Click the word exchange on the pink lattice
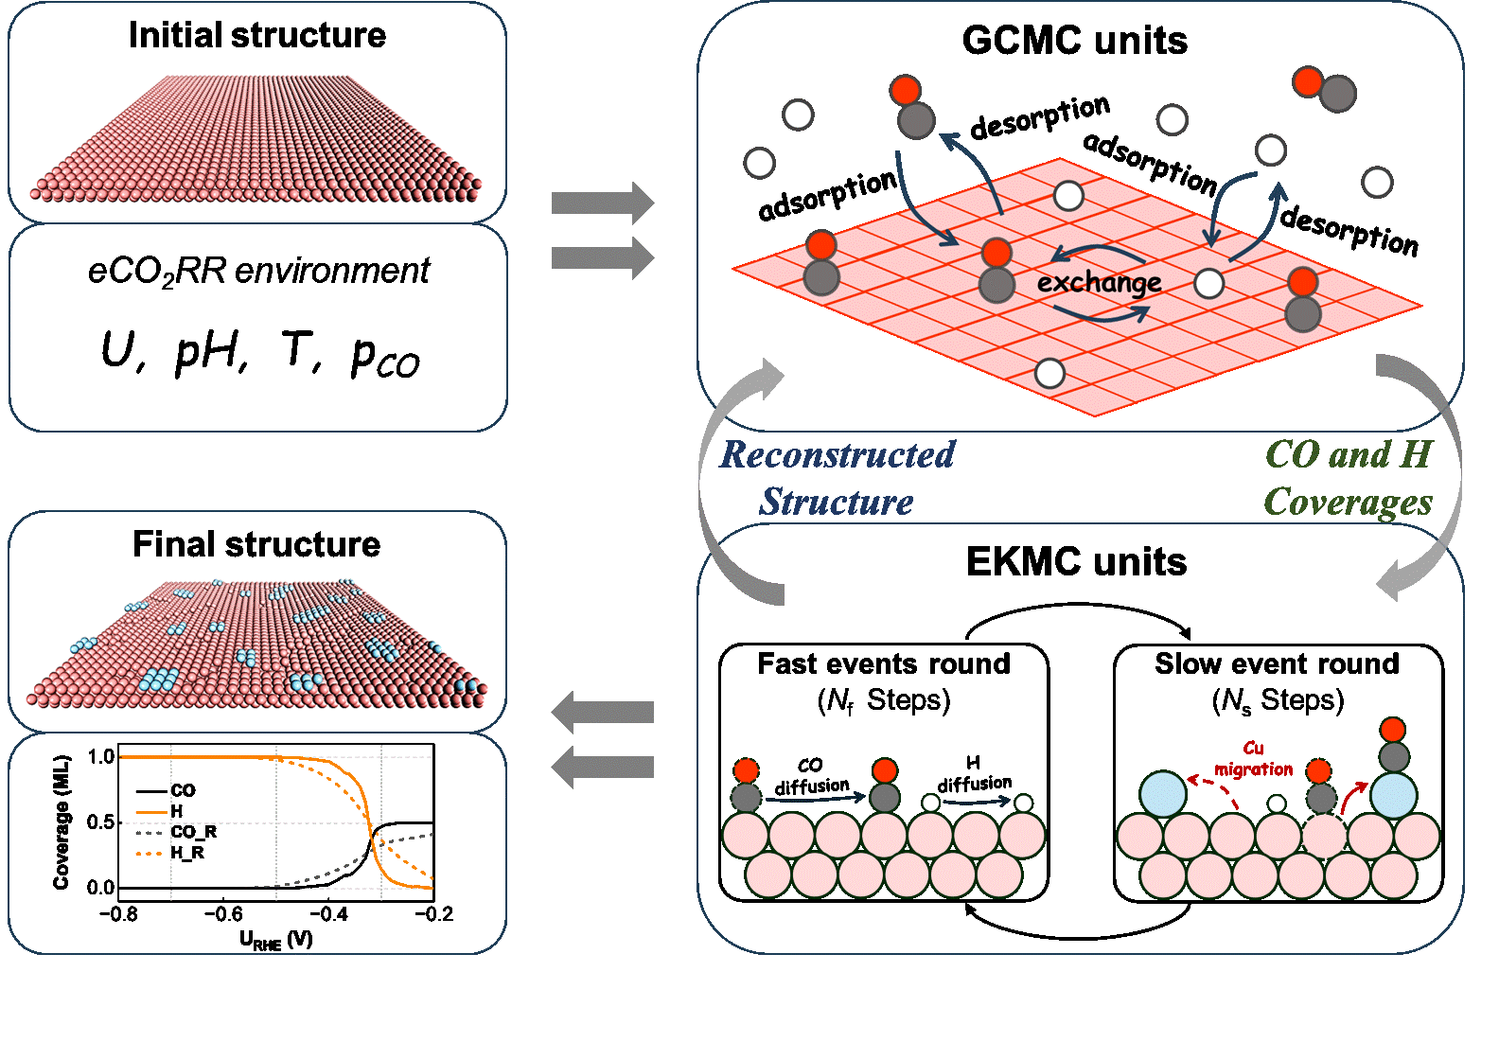click(x=1099, y=283)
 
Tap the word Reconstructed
click(x=838, y=455)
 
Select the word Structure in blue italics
click(x=837, y=502)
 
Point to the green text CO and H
click(x=1349, y=455)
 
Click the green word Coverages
click(x=1348, y=502)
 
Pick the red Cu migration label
click(x=1253, y=760)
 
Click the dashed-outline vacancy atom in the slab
click(x=1324, y=836)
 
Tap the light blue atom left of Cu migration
click(x=1163, y=794)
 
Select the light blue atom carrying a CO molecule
click(x=1393, y=795)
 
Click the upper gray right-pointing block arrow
click(x=603, y=203)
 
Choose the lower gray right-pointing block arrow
click(x=603, y=257)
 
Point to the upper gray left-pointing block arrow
click(x=603, y=712)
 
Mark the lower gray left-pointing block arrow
click(x=603, y=767)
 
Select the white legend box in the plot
click(x=177, y=821)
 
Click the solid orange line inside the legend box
click(x=151, y=813)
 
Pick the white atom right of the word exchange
click(x=1209, y=283)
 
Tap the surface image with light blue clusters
click(x=258, y=642)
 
